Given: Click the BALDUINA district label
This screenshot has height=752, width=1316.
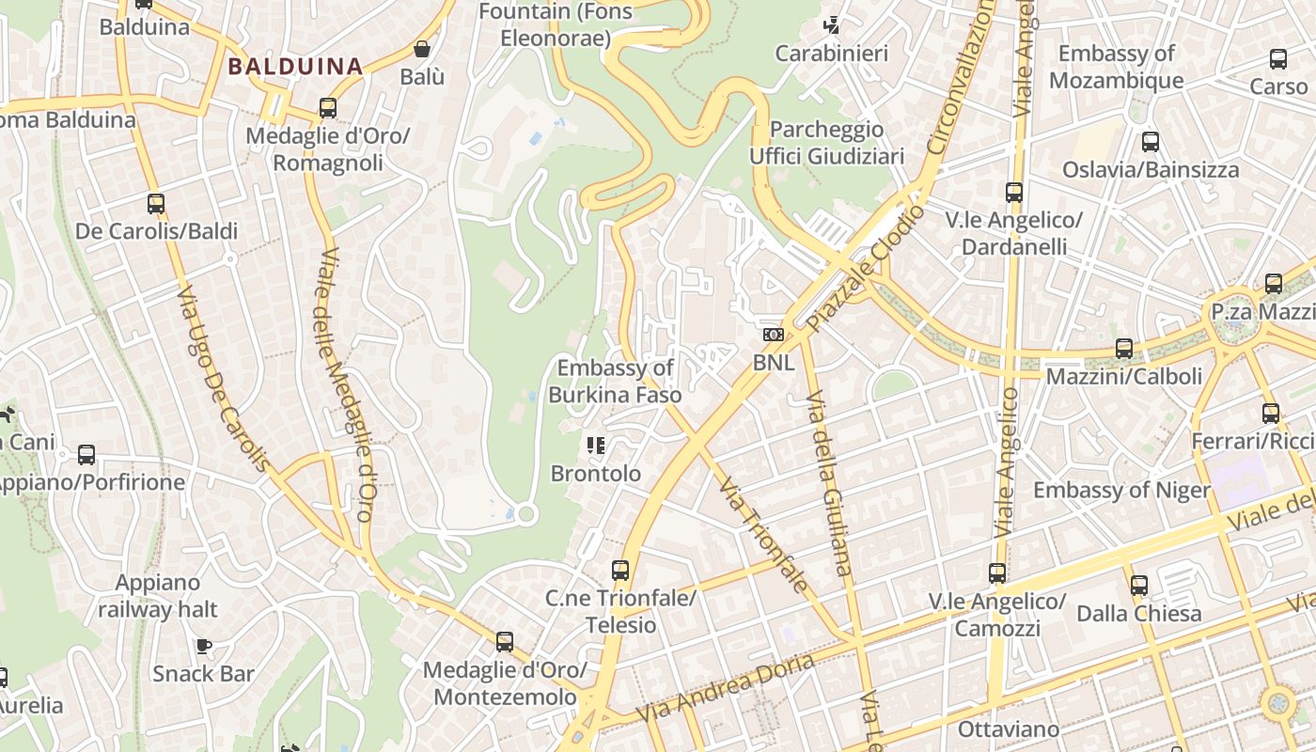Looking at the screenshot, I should point(295,67).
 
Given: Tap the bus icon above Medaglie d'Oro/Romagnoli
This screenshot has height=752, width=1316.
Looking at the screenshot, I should point(328,108).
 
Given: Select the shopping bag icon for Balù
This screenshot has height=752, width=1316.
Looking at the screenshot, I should point(422,49).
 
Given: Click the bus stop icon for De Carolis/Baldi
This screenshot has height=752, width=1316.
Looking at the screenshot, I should point(156,204).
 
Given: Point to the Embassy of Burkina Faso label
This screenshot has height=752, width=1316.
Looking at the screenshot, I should point(615,382).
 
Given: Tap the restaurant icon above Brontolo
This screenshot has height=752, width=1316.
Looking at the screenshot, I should point(595,446).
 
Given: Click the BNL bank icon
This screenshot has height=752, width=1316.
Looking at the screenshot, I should point(773,335).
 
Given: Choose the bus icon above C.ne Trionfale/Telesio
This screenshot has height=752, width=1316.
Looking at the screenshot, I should point(620,571).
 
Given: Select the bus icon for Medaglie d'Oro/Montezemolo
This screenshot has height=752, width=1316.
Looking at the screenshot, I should point(505,642).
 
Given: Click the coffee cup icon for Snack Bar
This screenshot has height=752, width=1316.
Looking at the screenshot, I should point(204,646).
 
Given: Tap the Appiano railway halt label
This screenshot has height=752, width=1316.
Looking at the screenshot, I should point(158,597).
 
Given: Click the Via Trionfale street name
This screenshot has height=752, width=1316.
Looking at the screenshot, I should point(763,533).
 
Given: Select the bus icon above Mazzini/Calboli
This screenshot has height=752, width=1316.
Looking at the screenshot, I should point(1124,349).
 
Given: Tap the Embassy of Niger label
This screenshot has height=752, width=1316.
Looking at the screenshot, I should point(1121,491).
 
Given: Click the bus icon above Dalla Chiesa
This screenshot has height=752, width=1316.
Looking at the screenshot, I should point(1139,586).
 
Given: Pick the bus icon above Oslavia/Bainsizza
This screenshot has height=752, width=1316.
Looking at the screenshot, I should point(1151,142).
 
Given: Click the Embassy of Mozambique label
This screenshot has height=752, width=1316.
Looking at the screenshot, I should point(1117,67).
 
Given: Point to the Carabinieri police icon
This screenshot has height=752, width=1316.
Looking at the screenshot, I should point(832,24).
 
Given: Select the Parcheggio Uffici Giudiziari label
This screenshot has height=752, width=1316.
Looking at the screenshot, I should point(826,142).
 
